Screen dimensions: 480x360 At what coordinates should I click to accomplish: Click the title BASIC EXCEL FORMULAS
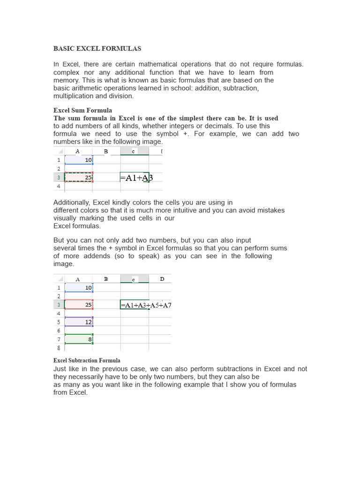pyautogui.click(x=97, y=49)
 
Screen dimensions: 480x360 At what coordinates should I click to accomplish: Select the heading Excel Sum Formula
pyautogui.click(x=82, y=111)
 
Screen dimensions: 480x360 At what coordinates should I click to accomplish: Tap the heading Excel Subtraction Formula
pyautogui.click(x=87, y=360)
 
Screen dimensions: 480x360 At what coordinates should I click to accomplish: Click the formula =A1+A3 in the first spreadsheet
pyautogui.click(x=136, y=178)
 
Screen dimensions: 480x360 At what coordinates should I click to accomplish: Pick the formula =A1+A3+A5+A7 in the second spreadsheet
pyautogui.click(x=146, y=305)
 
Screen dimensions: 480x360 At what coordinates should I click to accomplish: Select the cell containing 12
pyautogui.click(x=79, y=322)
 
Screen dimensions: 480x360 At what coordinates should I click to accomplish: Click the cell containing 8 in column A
pyautogui.click(x=79, y=339)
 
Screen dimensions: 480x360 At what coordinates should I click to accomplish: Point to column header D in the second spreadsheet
pyautogui.click(x=162, y=279)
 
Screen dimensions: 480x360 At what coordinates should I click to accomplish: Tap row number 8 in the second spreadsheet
pyautogui.click(x=59, y=348)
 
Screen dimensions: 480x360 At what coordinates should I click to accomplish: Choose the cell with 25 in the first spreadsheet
pyautogui.click(x=79, y=177)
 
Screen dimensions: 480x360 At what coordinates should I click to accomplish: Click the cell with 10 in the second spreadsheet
pyautogui.click(x=79, y=288)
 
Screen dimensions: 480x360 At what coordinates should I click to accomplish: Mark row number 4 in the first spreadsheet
pyautogui.click(x=59, y=186)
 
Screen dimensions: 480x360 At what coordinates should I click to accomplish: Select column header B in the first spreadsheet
pyautogui.click(x=106, y=151)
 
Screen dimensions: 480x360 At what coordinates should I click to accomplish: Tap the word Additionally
pyautogui.click(x=72, y=203)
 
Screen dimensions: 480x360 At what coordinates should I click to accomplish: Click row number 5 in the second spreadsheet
pyautogui.click(x=59, y=322)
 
